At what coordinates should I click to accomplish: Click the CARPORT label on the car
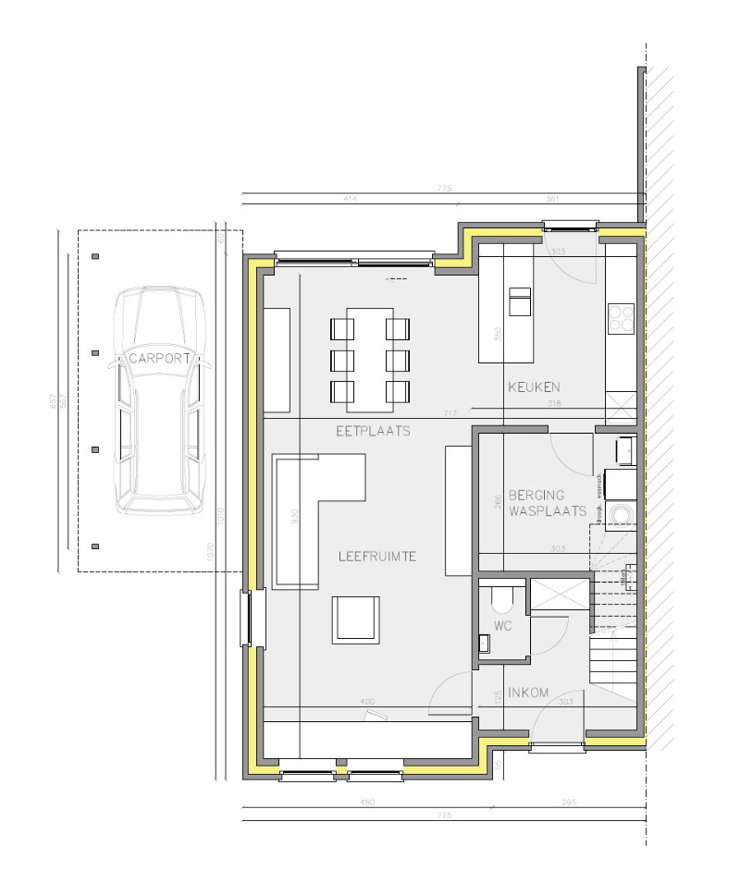(x=160, y=358)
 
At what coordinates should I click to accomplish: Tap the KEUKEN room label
(x=534, y=386)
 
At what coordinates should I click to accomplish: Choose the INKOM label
(x=528, y=693)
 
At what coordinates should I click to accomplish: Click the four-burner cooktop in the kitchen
(x=621, y=319)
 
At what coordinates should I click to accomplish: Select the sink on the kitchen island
(x=521, y=302)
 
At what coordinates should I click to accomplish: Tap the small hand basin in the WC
(x=484, y=644)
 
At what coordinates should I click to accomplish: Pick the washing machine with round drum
(x=618, y=514)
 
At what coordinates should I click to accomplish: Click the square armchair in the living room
(x=356, y=619)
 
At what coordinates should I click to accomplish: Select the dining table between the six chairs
(x=370, y=359)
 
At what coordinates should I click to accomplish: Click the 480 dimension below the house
(x=367, y=802)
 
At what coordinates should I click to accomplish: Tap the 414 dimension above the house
(x=350, y=199)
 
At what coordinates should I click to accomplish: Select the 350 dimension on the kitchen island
(x=498, y=333)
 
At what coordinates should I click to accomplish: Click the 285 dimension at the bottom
(x=567, y=802)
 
